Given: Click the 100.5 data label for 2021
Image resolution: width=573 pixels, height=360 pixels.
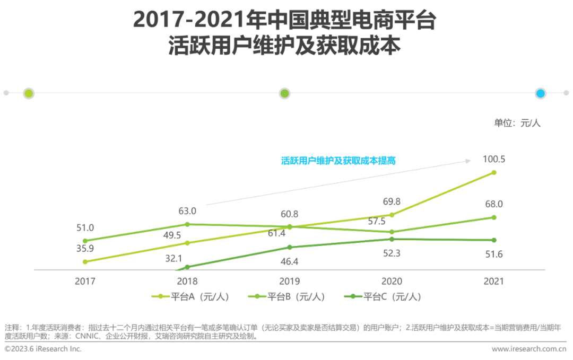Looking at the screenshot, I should point(493,159).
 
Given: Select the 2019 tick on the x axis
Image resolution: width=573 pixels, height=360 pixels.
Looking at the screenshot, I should point(290,281).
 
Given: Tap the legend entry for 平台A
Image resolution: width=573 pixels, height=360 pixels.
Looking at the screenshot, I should point(190,297).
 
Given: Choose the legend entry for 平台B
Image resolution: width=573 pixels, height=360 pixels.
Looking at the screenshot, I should point(286,297).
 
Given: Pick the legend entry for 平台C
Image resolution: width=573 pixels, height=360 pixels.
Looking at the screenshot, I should point(383,297).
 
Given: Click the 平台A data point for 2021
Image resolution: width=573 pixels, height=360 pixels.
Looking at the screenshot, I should point(494,172).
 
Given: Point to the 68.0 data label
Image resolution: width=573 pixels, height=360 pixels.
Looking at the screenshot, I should point(493,204).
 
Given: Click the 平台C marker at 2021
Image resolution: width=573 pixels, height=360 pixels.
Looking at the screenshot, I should point(494,240).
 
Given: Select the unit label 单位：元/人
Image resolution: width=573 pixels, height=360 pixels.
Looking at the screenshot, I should point(517,123).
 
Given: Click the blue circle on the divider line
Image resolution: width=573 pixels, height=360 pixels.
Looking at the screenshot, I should point(540,93).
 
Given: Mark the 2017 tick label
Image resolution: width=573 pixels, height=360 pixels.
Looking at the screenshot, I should point(85,281).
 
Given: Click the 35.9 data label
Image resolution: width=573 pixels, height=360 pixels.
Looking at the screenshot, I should point(85,247).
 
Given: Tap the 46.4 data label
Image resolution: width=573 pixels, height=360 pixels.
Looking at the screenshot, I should point(290,261).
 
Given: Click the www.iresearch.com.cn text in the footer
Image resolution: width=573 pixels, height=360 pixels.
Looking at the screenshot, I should point(529,349).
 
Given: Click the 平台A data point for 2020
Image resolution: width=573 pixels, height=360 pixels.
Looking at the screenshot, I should point(392,215).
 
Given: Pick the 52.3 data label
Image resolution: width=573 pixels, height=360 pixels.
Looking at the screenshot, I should point(392,253).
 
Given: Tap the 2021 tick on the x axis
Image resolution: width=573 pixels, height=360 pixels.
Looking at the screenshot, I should point(494,281).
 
